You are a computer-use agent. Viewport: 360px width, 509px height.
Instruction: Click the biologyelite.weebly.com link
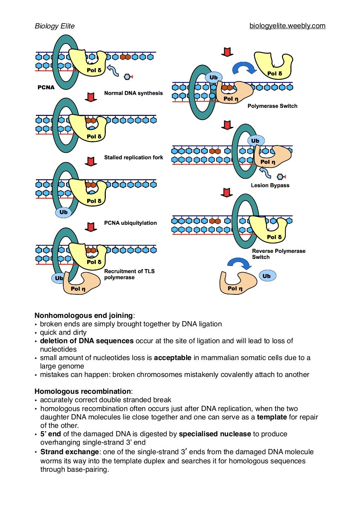pyautogui.click(x=287, y=26)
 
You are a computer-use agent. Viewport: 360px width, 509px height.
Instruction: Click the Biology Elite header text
pyautogui.click(x=54, y=26)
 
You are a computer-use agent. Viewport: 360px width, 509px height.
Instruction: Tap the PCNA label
pyautogui.click(x=46, y=87)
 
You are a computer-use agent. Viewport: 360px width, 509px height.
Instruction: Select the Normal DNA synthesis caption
pyautogui.click(x=133, y=93)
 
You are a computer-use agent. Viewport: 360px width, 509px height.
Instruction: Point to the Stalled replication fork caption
pyautogui.click(x=133, y=157)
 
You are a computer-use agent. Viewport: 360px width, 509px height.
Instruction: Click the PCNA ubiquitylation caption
pyautogui.click(x=130, y=223)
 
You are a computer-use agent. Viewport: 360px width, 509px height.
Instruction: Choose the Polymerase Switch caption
pyautogui.click(x=272, y=106)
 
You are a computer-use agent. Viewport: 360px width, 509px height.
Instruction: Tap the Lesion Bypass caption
pyautogui.click(x=270, y=185)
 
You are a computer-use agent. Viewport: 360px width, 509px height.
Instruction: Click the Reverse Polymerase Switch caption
pyautogui.click(x=278, y=254)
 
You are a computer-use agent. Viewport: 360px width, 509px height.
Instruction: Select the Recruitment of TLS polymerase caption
pyautogui.click(x=129, y=274)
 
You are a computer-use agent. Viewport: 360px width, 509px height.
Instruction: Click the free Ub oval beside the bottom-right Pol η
pyautogui.click(x=267, y=276)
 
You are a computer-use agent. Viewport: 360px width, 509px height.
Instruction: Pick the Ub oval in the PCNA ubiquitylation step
pyautogui.click(x=63, y=212)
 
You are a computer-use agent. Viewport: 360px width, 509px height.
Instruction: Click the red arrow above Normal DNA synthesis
pyautogui.click(x=91, y=97)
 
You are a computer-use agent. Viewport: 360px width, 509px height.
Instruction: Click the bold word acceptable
pyautogui.click(x=173, y=358)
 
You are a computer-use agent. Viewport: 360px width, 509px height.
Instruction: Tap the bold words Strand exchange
pyautogui.click(x=70, y=452)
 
